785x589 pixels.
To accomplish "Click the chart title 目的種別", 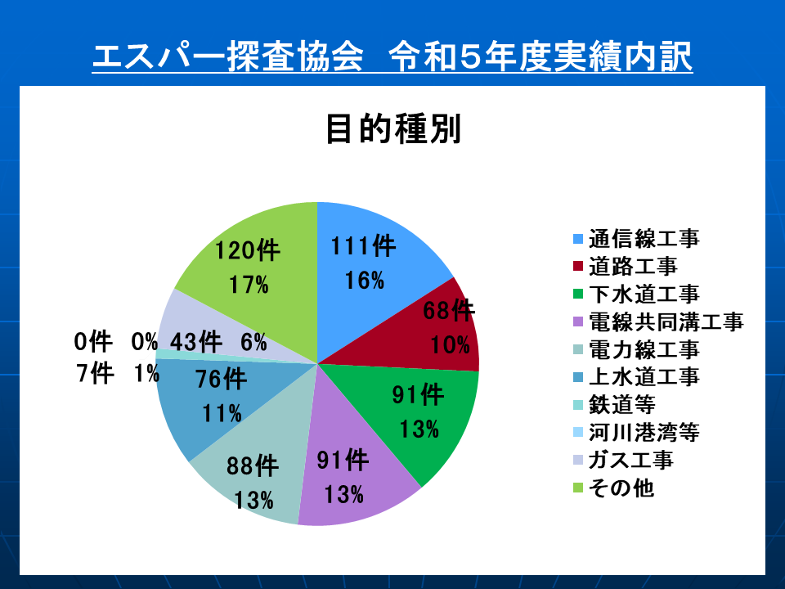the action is coord(393,129).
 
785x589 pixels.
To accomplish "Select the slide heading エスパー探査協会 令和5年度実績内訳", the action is coord(392,56).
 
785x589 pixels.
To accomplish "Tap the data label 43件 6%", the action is coord(218,343).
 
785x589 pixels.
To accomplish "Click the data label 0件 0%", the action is coord(115,342).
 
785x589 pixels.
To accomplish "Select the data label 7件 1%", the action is coord(118,373).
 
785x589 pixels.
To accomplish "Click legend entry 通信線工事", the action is coord(636,238).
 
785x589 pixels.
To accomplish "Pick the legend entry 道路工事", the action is coord(626,266).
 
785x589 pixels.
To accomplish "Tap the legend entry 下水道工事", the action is coord(636,294).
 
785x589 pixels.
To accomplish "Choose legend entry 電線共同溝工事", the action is coord(658,321).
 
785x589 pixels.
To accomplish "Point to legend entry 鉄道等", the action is coord(614,405).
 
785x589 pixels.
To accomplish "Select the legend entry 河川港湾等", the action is coord(636,432).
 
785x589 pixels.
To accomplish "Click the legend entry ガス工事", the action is coord(623,460).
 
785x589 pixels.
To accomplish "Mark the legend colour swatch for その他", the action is coord(578,488).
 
